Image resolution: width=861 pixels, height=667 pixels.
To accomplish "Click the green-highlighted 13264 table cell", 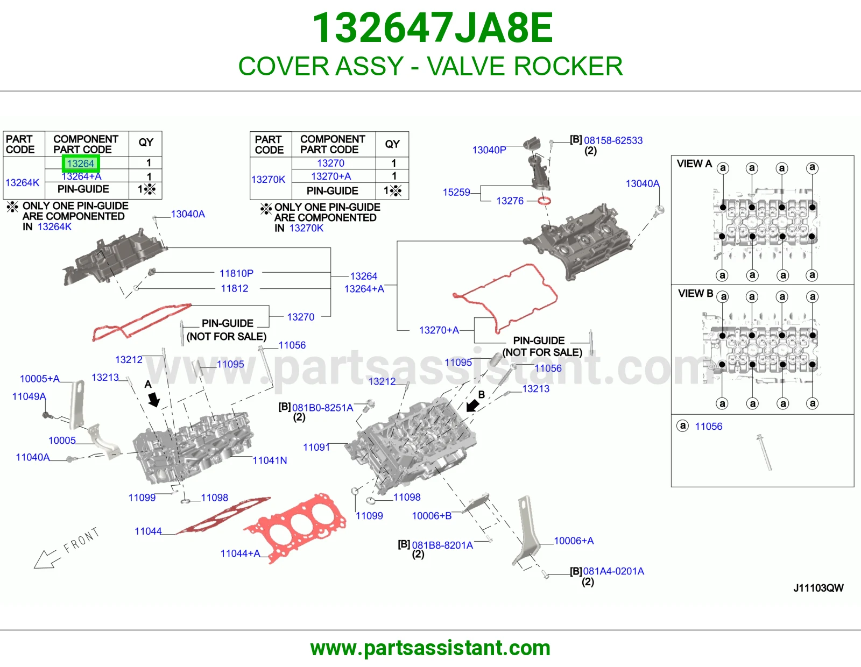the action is pos(81,164).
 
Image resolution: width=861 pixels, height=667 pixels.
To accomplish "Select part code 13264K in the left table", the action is pos(22,182).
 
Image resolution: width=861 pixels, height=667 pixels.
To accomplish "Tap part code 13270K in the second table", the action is pos(268,180).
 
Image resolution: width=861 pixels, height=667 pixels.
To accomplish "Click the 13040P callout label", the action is pos(489,150).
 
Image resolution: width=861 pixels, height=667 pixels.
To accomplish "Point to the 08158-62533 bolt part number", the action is pos(613,140).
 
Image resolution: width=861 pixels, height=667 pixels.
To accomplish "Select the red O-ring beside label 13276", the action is pos(544,201).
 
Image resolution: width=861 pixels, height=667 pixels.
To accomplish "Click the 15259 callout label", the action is pos(456,192).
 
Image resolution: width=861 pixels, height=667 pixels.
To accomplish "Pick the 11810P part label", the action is pos(237,273).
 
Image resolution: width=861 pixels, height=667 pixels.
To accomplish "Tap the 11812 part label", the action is pos(235,288).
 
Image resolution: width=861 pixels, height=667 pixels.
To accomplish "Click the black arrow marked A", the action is pos(154,399).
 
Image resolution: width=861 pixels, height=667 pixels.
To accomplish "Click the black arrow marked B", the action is pos(472,406).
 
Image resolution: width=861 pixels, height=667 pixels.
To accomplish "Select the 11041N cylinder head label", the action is pos(270,460).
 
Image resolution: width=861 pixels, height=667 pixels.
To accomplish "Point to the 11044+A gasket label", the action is pos(241,554).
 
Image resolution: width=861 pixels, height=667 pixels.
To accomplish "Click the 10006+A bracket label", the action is pos(574,541).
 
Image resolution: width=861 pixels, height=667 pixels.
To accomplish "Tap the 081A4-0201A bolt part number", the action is pos(613,571).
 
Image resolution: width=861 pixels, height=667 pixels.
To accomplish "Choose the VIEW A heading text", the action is pos(694,164).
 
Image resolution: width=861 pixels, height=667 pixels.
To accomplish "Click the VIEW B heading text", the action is pos(695,294).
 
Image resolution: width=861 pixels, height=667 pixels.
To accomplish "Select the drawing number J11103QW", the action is pos(818,588).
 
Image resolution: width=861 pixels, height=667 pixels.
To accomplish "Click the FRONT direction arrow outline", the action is pos(47,559).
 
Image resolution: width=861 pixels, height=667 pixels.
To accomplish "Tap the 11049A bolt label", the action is pos(29,396).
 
